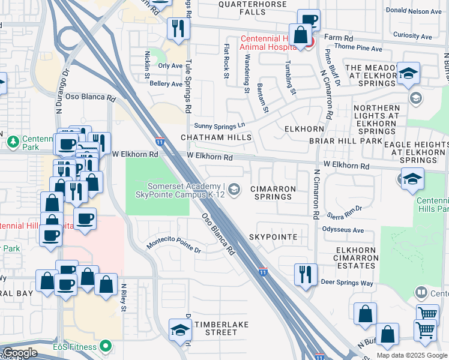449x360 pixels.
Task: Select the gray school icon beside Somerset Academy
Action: [x=235, y=190]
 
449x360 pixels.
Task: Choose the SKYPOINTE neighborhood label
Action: [x=273, y=237]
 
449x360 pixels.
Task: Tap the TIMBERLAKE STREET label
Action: [x=215, y=328]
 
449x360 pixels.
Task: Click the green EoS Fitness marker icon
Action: [x=106, y=346]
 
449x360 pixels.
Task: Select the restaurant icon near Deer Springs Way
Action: [x=306, y=274]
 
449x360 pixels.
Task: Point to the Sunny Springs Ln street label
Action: [x=220, y=125]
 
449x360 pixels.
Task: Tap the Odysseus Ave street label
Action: [x=343, y=230]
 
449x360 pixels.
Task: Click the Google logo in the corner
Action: [x=20, y=353]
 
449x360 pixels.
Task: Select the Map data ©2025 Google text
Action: [x=412, y=355]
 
